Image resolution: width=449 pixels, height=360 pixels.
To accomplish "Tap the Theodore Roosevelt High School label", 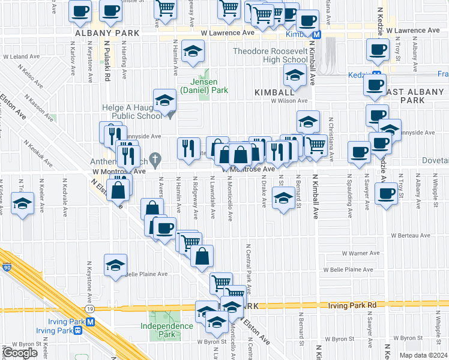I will pyautogui.click(x=270, y=55).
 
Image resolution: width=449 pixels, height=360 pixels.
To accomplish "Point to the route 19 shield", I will pyautogui.click(x=89, y=308).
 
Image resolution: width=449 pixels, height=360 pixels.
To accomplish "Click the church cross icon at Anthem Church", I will pyautogui.click(x=155, y=159).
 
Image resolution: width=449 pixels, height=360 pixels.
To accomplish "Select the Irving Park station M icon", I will pyautogui.click(x=91, y=322).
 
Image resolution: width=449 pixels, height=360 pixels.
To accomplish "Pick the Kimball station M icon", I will pyautogui.click(x=316, y=34).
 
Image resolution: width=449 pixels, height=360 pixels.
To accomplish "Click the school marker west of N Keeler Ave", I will pyautogui.click(x=22, y=203).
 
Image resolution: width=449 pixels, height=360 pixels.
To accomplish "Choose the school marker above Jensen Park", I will pyautogui.click(x=193, y=51).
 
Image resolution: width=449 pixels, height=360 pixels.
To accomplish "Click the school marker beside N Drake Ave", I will pyautogui.click(x=283, y=197).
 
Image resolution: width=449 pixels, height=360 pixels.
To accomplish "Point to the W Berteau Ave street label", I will pyautogui.click(x=411, y=236).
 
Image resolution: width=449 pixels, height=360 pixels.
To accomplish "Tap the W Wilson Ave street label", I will pyautogui.click(x=289, y=101).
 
